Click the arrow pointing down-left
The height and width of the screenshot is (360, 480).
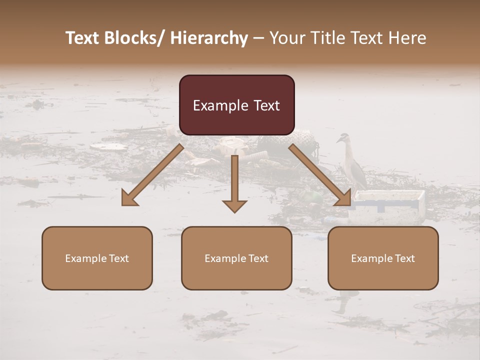tap(152, 175)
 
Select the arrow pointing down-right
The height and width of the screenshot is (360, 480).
tap(320, 175)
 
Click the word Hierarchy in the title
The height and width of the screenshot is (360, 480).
tap(209, 38)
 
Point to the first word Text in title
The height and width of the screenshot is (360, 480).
tap(83, 38)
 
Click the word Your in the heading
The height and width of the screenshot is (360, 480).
tap(286, 38)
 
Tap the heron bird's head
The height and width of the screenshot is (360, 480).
tap(343, 137)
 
